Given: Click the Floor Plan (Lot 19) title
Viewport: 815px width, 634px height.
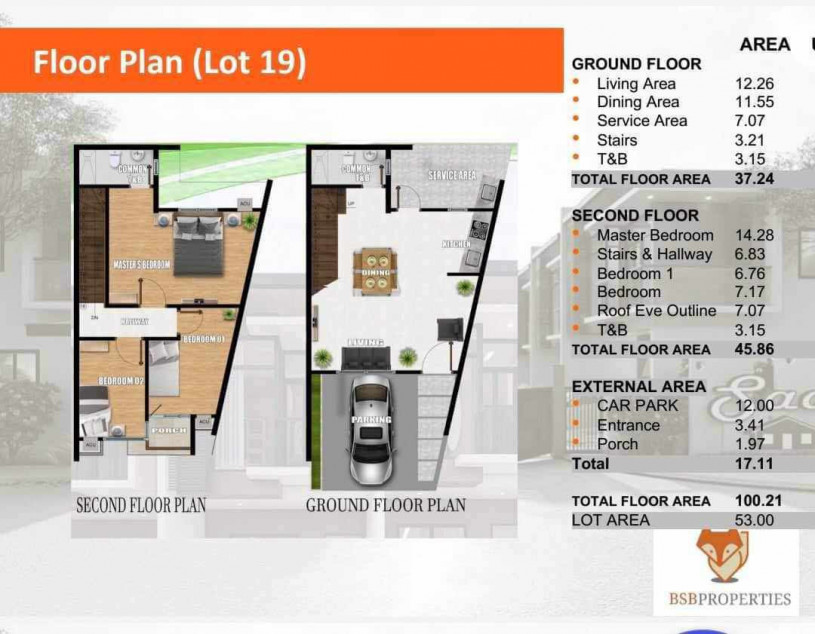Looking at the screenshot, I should coord(169,62).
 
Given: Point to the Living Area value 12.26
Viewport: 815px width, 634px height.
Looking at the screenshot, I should coord(754,84).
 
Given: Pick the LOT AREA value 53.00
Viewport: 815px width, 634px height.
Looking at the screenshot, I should coord(755,520).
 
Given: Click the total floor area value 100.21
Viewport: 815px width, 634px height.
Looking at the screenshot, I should coord(753,501).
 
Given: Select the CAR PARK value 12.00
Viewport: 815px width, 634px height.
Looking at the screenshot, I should coord(754,406).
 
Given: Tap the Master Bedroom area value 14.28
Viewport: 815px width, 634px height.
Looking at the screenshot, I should coord(754,235).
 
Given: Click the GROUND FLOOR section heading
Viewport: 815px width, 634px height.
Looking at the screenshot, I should coord(636,64).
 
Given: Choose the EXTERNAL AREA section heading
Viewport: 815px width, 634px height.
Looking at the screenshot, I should coord(638,387).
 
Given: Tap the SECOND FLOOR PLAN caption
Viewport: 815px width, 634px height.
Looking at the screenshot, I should coord(141,505).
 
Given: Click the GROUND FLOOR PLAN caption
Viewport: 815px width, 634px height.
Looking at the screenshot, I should coord(385,505).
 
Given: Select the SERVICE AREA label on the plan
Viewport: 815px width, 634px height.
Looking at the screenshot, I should coord(452,175).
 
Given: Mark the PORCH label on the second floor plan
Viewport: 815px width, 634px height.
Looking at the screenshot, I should coord(166,430).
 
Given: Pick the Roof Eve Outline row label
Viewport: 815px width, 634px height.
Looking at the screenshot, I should coord(656,311).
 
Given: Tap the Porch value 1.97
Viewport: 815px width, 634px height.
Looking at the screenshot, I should coord(754,444).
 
